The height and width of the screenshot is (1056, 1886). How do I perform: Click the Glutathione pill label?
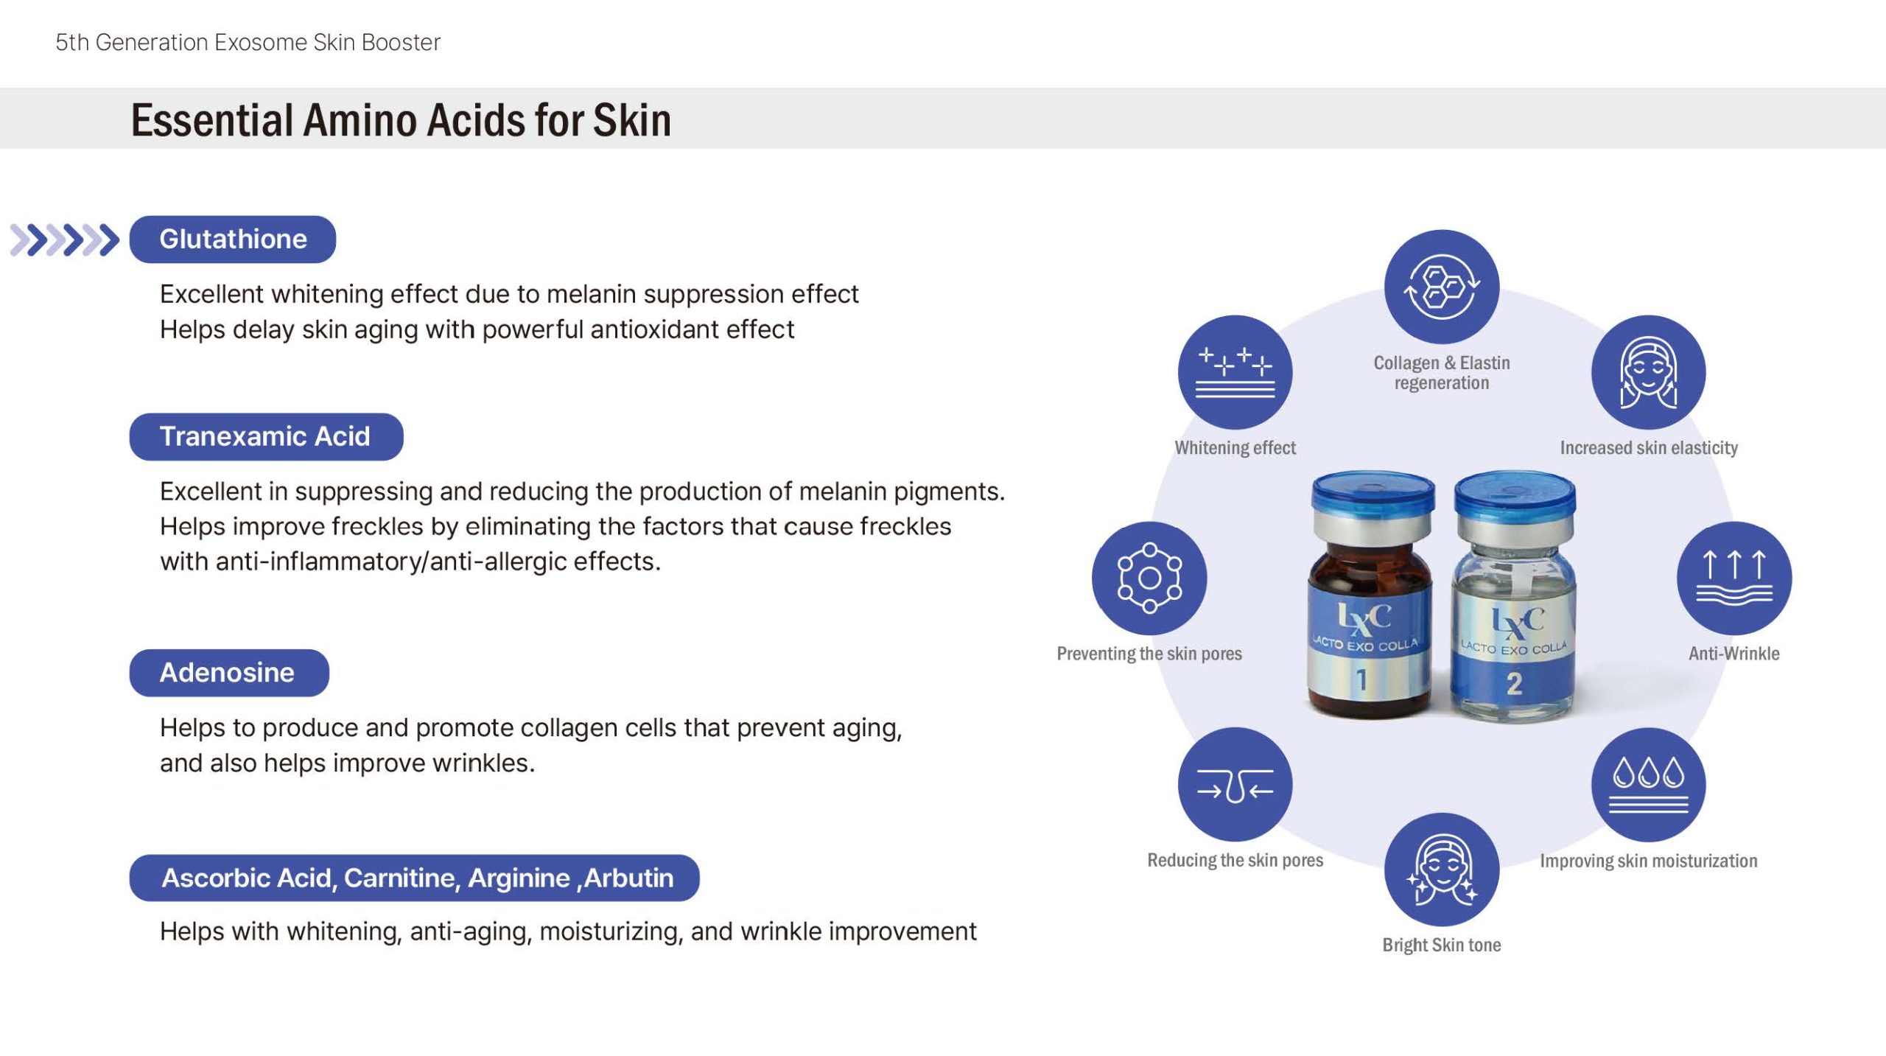(x=232, y=239)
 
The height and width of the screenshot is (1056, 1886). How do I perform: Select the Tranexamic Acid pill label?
(x=266, y=436)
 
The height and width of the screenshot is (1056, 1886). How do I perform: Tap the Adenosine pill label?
(x=229, y=672)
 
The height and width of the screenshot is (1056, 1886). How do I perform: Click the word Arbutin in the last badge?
(x=629, y=878)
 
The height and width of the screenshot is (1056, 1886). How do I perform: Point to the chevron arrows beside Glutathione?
(x=65, y=239)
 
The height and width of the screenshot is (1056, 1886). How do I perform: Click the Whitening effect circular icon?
(x=1235, y=372)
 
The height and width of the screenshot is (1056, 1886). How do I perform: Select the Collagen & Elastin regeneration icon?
(x=1442, y=287)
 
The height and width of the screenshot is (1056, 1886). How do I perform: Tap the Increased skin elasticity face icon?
(x=1649, y=372)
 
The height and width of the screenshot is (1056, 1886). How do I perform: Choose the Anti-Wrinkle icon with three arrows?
(x=1734, y=578)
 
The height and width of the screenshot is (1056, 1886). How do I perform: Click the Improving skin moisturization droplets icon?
(x=1649, y=785)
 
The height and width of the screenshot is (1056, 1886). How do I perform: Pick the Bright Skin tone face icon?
(x=1442, y=870)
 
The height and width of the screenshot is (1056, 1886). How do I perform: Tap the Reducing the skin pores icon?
(x=1235, y=785)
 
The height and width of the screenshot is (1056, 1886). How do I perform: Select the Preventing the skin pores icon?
(x=1149, y=578)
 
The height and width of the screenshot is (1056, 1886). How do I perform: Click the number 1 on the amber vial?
(x=1362, y=679)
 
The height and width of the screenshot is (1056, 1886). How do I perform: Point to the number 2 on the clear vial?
(x=1514, y=684)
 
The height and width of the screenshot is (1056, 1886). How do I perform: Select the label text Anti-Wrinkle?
(x=1734, y=654)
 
